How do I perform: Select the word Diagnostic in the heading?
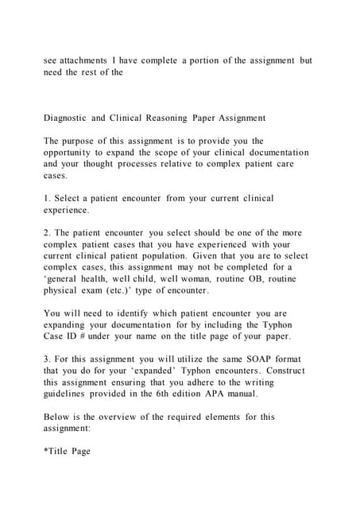tap(66, 118)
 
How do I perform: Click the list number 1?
tap(46, 198)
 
